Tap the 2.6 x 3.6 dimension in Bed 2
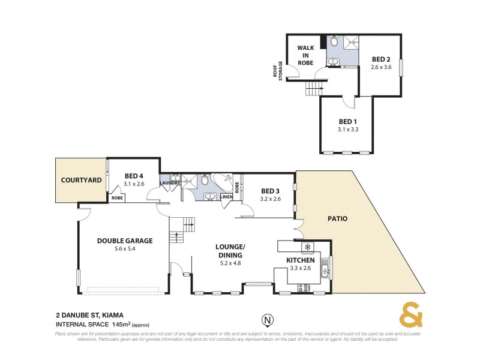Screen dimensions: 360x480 (381, 67)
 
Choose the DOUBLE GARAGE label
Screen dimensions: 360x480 (125, 241)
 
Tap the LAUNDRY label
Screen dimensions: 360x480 (170, 183)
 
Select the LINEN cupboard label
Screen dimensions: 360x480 (226, 197)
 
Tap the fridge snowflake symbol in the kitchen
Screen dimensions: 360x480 (308, 247)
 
